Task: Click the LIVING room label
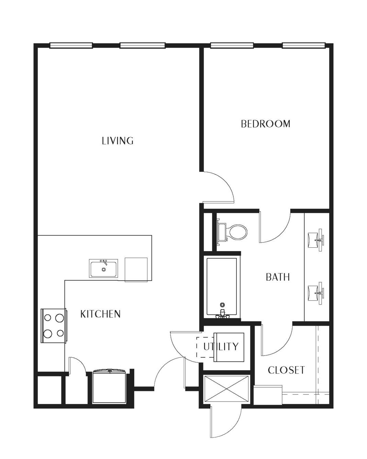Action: pos(118,141)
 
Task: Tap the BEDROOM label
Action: pos(265,124)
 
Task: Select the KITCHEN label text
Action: pos(100,314)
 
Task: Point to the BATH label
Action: pos(278,277)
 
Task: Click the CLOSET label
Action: pos(286,370)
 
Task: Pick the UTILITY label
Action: pos(221,347)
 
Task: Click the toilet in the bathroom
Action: pos(232,232)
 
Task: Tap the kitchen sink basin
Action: pos(103,268)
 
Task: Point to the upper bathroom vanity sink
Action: pos(316,240)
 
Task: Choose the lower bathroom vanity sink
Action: pos(316,293)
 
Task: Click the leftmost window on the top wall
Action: pos(71,45)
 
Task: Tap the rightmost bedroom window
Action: pos(304,45)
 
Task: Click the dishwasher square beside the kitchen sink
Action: pos(136,270)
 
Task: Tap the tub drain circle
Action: pos(222,305)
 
